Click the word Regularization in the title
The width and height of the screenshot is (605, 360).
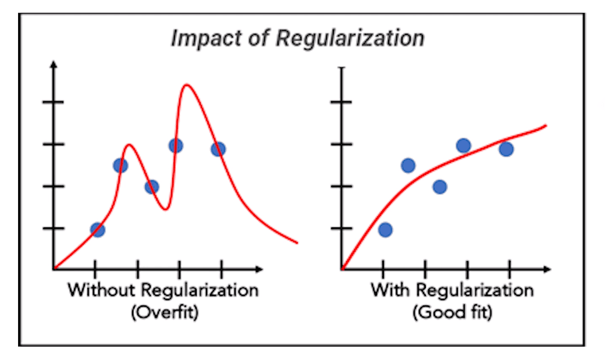(x=349, y=38)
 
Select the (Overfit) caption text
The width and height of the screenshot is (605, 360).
(x=164, y=312)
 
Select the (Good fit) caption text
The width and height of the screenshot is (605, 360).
(x=452, y=312)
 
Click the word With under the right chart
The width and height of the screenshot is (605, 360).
(x=390, y=289)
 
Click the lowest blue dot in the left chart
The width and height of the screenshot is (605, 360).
(x=98, y=230)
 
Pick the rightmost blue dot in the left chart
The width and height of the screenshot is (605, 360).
(x=218, y=149)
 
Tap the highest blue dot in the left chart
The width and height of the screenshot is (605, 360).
(x=176, y=145)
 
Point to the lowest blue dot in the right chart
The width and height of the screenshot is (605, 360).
(x=385, y=230)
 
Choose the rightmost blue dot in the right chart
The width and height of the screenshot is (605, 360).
(x=506, y=149)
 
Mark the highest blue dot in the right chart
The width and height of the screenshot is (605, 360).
(x=464, y=145)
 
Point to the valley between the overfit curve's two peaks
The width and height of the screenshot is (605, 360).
(x=166, y=208)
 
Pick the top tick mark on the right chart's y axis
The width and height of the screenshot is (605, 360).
(x=343, y=102)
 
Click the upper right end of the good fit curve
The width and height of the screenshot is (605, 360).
(x=544, y=124)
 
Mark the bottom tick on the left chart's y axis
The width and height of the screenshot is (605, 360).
(x=54, y=228)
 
